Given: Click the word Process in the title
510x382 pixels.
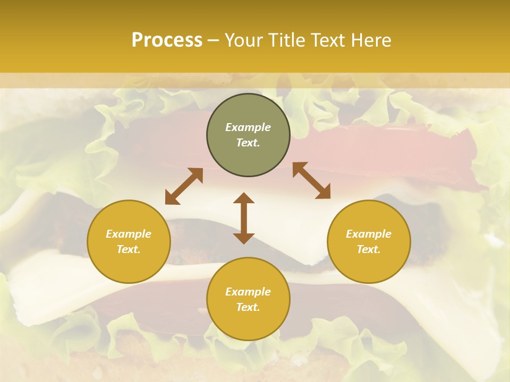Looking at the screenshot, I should click(x=167, y=40).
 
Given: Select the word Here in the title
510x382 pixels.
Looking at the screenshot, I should click(x=372, y=40).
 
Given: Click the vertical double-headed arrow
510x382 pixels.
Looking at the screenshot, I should click(x=244, y=218).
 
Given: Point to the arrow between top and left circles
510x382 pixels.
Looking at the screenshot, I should click(x=184, y=186).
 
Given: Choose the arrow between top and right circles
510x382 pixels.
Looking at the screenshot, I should click(x=311, y=180).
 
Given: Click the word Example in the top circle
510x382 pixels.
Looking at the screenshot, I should click(x=248, y=127).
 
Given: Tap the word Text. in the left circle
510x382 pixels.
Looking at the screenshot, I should click(x=129, y=249).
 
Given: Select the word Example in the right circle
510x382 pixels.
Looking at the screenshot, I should click(x=369, y=234).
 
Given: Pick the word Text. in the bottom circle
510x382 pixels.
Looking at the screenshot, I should click(x=248, y=307).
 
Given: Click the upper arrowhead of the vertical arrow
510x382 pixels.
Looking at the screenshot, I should click(x=244, y=198).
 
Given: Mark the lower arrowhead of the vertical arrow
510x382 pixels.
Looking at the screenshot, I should click(x=244, y=238).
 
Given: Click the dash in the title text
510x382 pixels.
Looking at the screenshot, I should click(x=213, y=40).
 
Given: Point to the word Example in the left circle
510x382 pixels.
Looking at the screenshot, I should click(x=129, y=234).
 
